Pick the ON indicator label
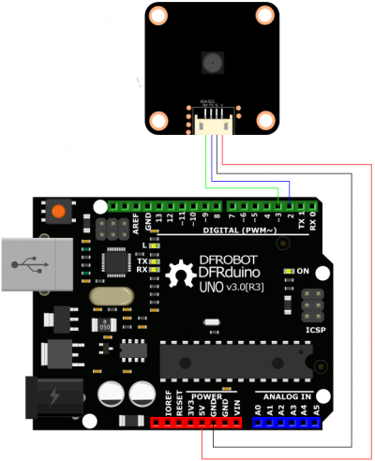point(303,271)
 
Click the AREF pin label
point(136,221)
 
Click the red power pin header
point(203,422)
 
